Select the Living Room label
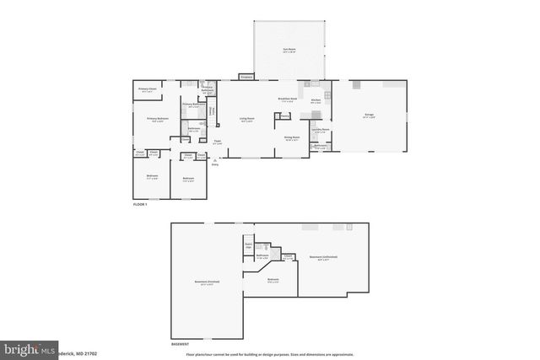click(247, 120)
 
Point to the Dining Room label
click(291, 138)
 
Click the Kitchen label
click(316, 99)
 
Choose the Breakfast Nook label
click(286, 99)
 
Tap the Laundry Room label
click(320, 130)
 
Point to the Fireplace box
click(246, 77)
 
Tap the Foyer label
click(217, 142)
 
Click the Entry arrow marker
click(214, 164)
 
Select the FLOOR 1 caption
click(140, 205)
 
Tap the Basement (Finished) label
click(207, 282)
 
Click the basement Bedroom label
click(273, 280)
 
